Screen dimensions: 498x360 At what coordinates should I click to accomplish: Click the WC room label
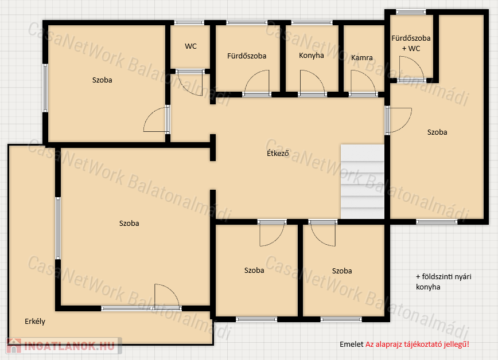[190, 46]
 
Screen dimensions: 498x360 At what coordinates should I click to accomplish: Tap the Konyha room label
[311, 56]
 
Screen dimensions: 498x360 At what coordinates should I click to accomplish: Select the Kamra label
[362, 58]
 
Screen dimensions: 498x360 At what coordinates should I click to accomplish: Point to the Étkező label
[278, 153]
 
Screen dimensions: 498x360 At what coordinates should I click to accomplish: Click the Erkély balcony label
[35, 321]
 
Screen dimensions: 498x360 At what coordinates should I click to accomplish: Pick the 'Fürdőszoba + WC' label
[411, 43]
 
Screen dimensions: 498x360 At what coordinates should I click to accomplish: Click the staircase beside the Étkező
[363, 182]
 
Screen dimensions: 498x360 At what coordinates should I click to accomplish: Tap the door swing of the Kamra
[363, 82]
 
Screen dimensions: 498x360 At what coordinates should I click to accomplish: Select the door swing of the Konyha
[312, 82]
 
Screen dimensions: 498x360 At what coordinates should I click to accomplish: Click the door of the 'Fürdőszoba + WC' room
[411, 68]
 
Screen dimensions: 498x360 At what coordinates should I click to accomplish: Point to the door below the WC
[190, 83]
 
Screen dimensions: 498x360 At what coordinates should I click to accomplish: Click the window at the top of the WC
[189, 22]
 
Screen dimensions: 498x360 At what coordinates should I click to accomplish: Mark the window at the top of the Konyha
[312, 22]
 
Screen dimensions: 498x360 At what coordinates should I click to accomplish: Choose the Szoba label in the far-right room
[437, 132]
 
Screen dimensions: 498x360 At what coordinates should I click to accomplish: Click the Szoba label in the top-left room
[102, 80]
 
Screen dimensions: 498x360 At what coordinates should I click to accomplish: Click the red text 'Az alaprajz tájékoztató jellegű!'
[417, 344]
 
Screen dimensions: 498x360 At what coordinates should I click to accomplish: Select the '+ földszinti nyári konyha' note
[443, 281]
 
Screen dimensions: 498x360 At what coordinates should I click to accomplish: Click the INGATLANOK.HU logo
[64, 346]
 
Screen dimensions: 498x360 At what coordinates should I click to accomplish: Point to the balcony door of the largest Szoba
[167, 296]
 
